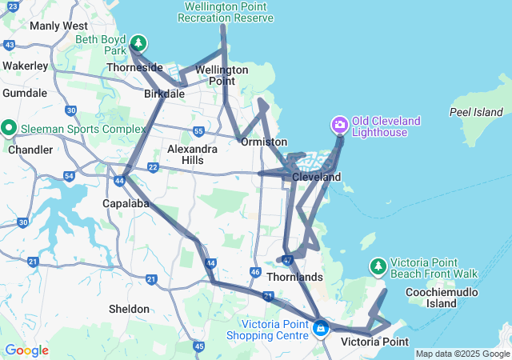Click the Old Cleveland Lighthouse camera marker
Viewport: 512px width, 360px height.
340,125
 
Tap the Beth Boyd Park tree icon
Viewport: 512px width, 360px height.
139,42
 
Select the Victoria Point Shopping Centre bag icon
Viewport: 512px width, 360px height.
321,328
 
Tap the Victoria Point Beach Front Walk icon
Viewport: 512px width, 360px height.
378,266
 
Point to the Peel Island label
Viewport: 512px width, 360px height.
476,112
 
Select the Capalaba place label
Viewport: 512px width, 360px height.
122,202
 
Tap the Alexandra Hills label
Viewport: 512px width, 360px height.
191,154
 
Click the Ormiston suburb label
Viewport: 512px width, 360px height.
264,142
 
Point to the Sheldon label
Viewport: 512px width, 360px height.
129,309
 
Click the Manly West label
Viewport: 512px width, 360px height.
58,26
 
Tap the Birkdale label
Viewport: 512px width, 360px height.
165,94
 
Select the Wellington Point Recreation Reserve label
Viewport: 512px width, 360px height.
228,12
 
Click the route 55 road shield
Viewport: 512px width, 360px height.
198,130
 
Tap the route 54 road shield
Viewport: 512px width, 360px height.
70,175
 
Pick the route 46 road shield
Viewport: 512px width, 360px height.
254,273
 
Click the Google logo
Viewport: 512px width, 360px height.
26,350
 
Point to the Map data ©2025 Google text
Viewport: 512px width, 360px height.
462,354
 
